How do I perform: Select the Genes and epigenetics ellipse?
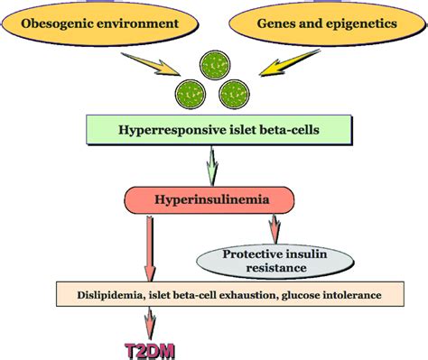(323, 25)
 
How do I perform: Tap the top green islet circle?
(215, 65)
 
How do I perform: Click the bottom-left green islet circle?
(191, 91)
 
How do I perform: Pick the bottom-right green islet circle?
(237, 91)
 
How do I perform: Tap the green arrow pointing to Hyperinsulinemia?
(213, 165)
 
